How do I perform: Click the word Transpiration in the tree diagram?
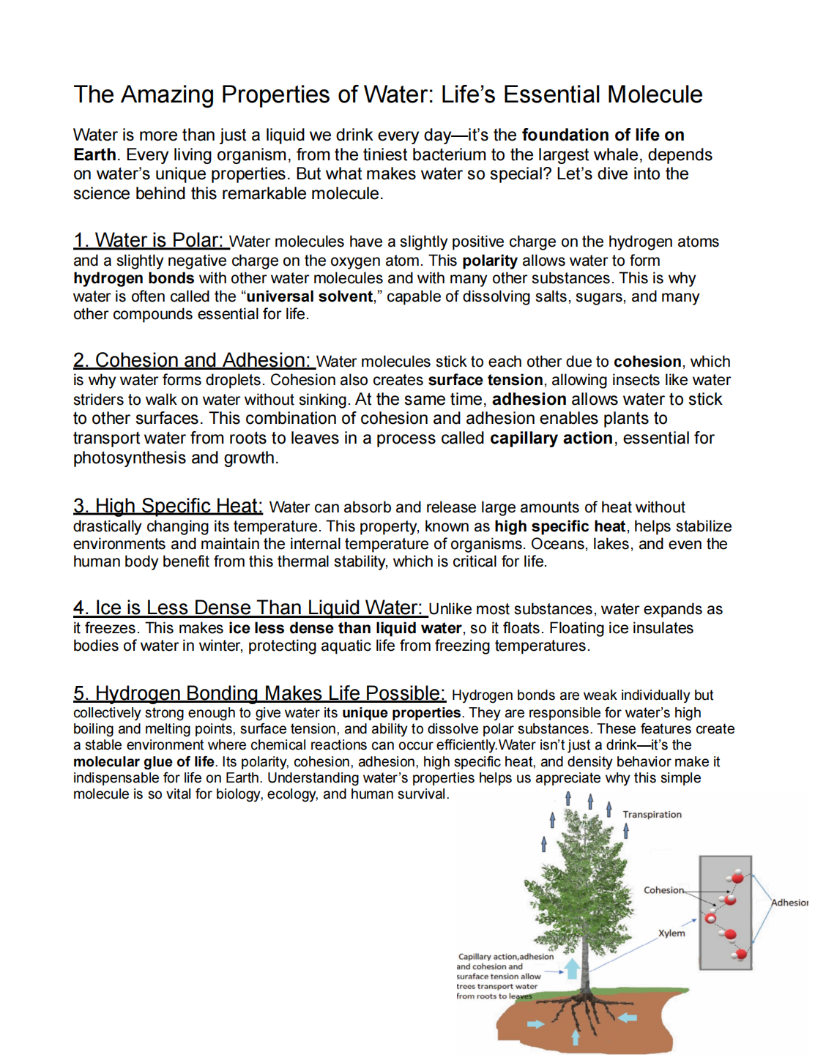(652, 814)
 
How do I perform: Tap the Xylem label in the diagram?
(671, 933)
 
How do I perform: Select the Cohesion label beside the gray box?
(663, 890)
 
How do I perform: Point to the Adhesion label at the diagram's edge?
(789, 903)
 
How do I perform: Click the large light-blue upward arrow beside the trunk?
(573, 968)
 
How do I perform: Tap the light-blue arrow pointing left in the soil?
(628, 1017)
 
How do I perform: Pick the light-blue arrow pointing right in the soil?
(536, 1023)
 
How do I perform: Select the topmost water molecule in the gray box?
(737, 877)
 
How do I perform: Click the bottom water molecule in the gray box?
(741, 954)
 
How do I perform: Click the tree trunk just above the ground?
(586, 977)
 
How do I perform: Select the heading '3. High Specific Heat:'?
(168, 506)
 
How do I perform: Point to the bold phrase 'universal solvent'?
(310, 296)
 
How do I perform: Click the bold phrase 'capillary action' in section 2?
(551, 438)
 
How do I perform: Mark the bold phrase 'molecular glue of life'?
(144, 761)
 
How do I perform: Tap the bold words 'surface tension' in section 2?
(485, 380)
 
